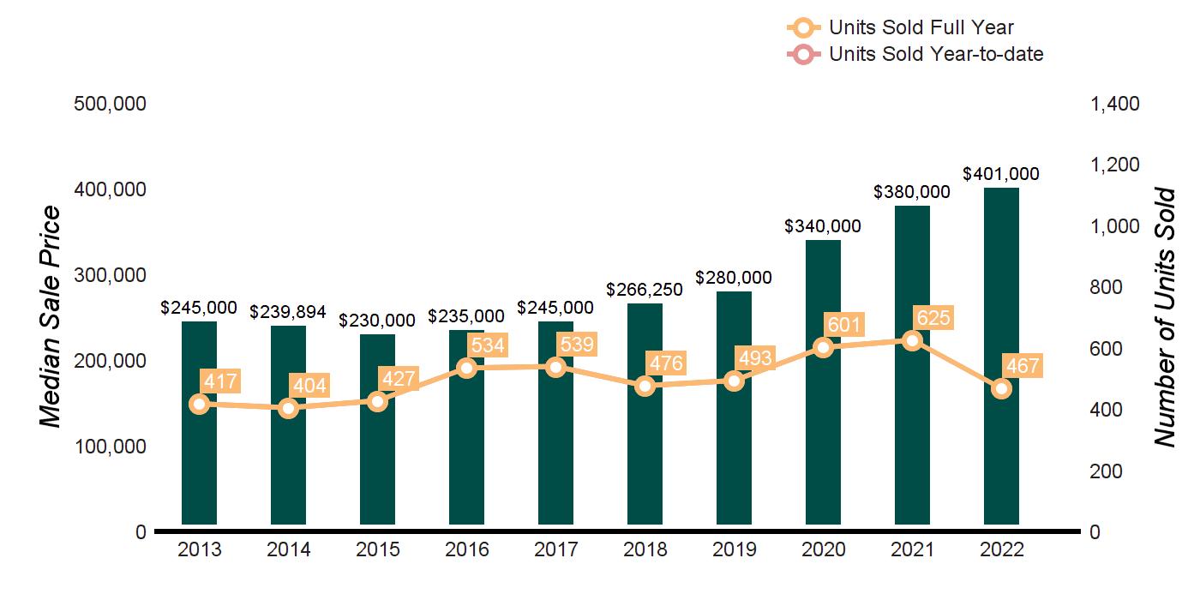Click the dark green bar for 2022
tap(1001, 356)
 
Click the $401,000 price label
tap(1001, 174)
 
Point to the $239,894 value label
tap(288, 312)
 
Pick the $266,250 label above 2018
tap(645, 290)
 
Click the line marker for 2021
tap(912, 341)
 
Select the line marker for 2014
tap(288, 408)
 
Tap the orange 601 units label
tap(844, 325)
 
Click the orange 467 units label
tap(1022, 367)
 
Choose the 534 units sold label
tap(488, 345)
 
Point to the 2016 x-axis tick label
tap(466, 549)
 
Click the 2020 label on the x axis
tap(823, 549)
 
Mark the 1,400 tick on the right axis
tap(1114, 104)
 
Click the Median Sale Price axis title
tap(52, 317)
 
